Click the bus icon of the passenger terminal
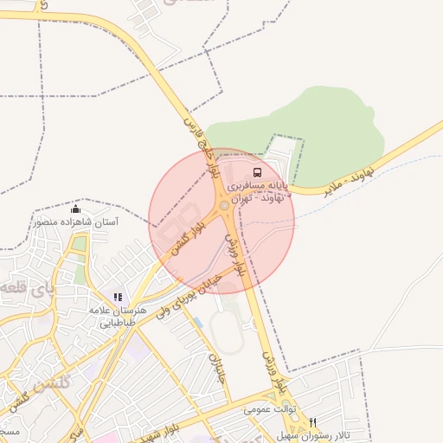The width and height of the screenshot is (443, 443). click(x=255, y=171)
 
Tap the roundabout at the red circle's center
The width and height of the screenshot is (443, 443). click(x=224, y=206)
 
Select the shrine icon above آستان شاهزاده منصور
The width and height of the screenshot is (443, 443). click(x=76, y=209)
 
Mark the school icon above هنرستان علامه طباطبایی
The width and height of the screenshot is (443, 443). click(x=119, y=297)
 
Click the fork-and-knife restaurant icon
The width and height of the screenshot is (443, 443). click(x=312, y=422)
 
